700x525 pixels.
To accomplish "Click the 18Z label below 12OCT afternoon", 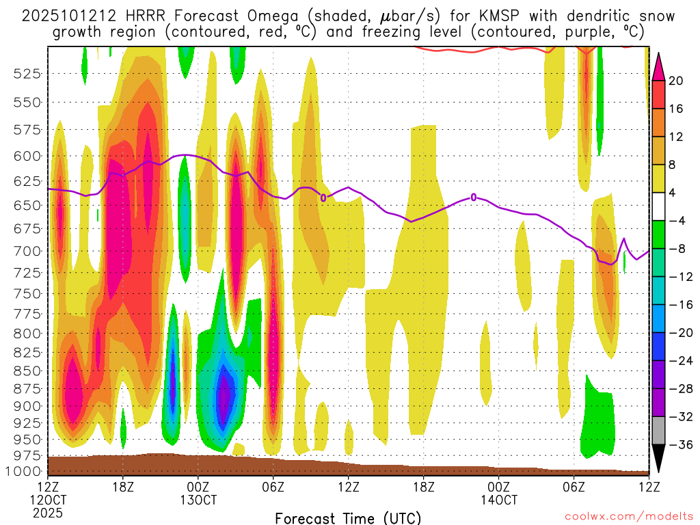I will click(x=123, y=487).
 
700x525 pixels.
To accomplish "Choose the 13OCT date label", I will click(x=198, y=500).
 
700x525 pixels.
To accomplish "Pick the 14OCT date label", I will click(x=498, y=500).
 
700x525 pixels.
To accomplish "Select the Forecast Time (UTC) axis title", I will click(x=348, y=517).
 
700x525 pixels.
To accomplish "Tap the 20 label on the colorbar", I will click(x=676, y=81).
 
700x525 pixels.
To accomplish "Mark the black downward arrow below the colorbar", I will click(x=659, y=459).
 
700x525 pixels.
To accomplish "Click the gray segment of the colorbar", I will click(x=659, y=430).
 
